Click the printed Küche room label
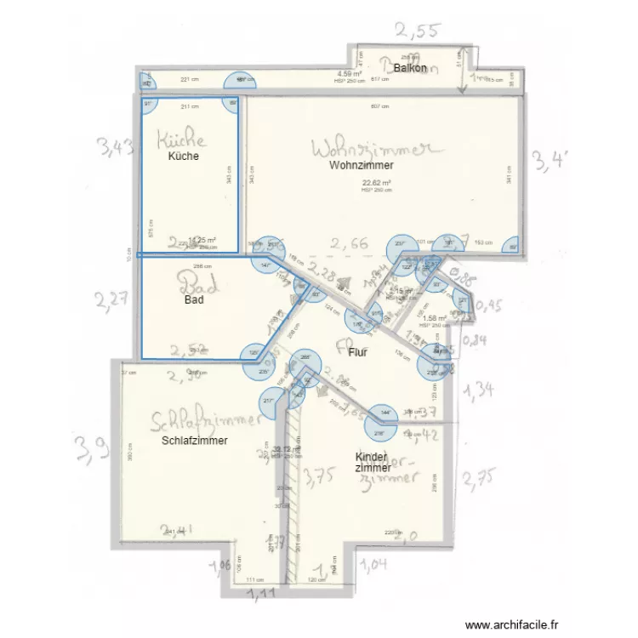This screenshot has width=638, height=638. pyautogui.click(x=184, y=157)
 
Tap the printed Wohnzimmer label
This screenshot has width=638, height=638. pyautogui.click(x=362, y=166)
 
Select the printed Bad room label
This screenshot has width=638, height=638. pyautogui.click(x=194, y=300)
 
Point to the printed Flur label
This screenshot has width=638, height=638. pyautogui.click(x=357, y=352)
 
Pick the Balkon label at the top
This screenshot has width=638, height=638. pyautogui.click(x=410, y=67)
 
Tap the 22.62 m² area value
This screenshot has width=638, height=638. pyautogui.click(x=376, y=183)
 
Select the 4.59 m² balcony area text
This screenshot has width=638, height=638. pyautogui.click(x=350, y=74)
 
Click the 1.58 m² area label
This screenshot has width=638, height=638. pyautogui.click(x=435, y=319)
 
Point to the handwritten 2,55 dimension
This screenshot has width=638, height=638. pyautogui.click(x=416, y=32)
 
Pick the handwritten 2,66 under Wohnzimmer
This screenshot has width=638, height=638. pyautogui.click(x=349, y=244)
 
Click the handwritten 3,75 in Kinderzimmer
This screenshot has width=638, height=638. pyautogui.click(x=320, y=476)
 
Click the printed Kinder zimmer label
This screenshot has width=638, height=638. pyautogui.click(x=373, y=462)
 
